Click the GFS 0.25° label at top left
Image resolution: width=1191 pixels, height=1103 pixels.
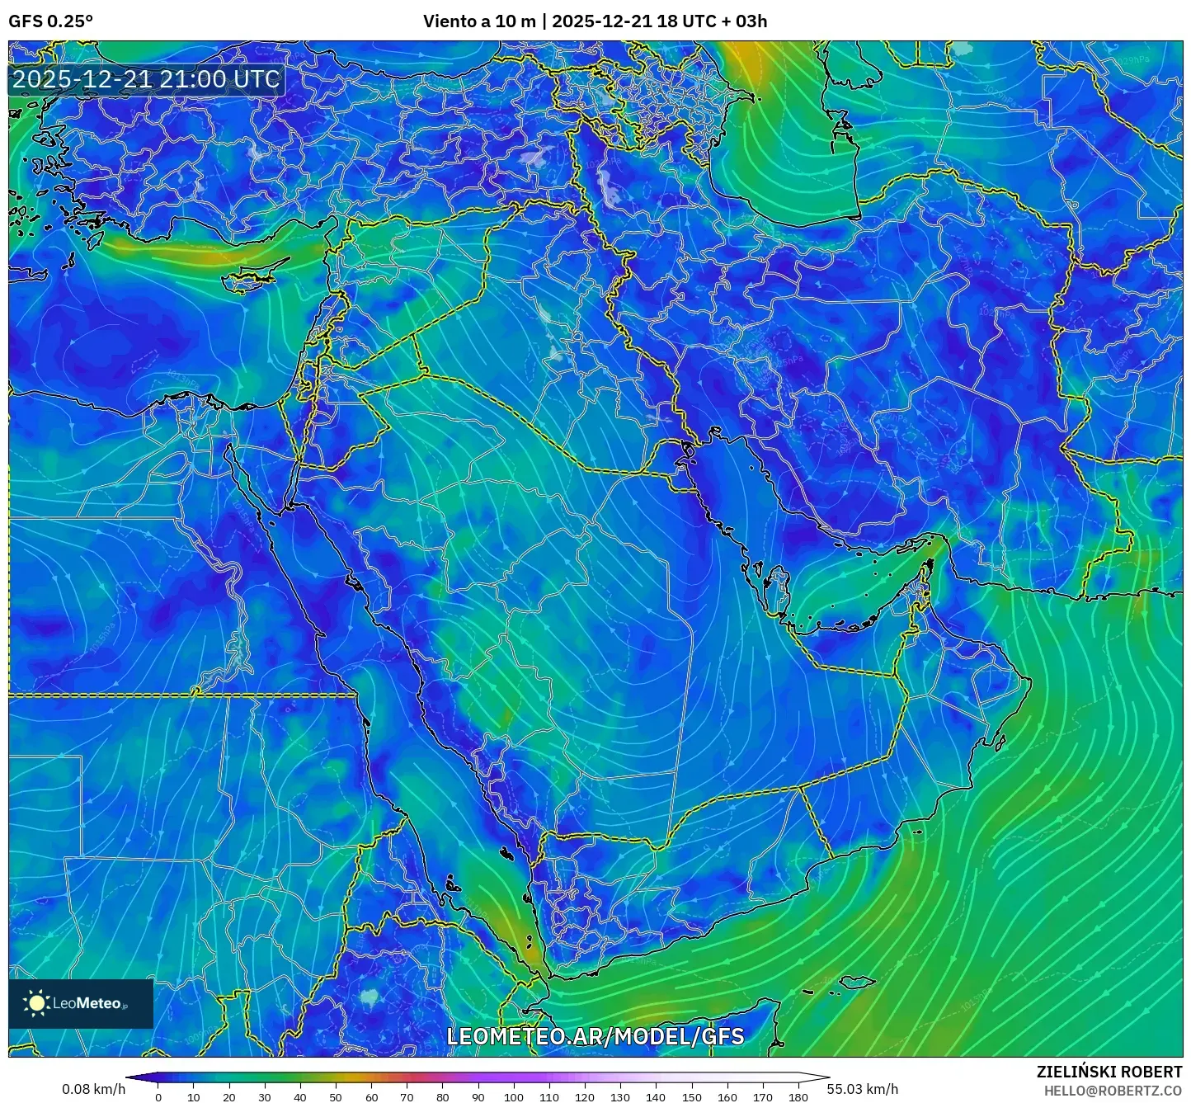[x=50, y=21]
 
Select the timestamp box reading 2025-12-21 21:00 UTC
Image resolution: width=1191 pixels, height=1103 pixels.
[x=146, y=79]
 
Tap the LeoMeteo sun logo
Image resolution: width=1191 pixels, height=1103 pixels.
[x=36, y=1003]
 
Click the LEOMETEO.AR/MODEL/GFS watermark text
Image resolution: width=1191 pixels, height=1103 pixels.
[x=595, y=1036]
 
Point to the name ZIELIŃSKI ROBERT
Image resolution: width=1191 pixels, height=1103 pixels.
[x=1109, y=1072]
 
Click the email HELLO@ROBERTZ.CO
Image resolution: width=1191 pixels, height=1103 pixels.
[x=1113, y=1091]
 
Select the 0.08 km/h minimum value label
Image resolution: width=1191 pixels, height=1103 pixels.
[x=93, y=1089]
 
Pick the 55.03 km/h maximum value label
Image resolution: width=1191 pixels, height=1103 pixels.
[x=863, y=1089]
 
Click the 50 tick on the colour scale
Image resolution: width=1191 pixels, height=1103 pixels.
[x=336, y=1096]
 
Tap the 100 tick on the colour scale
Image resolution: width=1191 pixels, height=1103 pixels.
[x=514, y=1096]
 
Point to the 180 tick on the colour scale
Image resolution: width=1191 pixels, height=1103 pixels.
[x=798, y=1096]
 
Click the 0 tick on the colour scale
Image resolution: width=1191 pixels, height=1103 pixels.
[x=158, y=1096]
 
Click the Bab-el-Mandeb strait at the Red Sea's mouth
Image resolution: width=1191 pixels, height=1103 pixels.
[x=539, y=976]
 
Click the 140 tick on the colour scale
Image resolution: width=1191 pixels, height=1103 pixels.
[x=656, y=1096]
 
